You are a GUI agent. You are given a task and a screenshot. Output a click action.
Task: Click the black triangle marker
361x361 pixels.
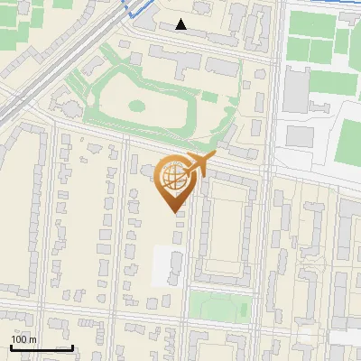point(181,24)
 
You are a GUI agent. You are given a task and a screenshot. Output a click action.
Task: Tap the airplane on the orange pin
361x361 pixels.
point(196,165)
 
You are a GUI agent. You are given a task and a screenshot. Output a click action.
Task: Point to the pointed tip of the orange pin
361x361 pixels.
point(176,211)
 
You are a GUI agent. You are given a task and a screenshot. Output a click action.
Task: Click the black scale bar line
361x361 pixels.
point(41,347)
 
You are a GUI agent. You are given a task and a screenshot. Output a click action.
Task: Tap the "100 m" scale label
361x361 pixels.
point(23,339)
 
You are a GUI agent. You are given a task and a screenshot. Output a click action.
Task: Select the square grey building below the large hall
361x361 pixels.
point(300,136)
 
